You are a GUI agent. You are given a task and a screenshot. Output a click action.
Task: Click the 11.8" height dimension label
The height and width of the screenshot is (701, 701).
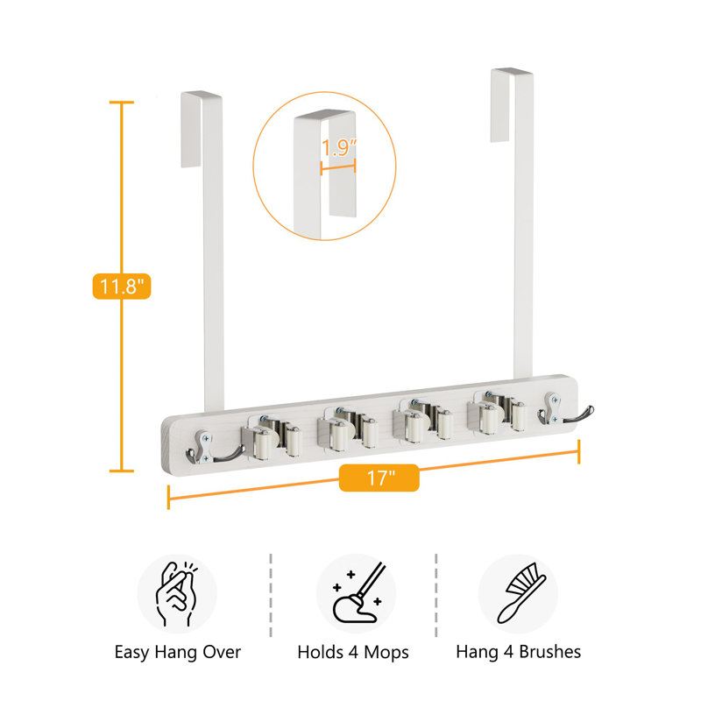click(122, 287)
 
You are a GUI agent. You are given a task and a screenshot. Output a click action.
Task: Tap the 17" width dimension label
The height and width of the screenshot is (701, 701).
click(379, 478)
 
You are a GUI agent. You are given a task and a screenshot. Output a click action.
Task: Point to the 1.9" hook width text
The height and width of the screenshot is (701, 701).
click(339, 148)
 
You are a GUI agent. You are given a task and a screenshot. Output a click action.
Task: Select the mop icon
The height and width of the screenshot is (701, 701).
click(358, 592)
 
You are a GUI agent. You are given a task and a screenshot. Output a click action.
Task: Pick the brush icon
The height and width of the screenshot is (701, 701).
click(521, 593)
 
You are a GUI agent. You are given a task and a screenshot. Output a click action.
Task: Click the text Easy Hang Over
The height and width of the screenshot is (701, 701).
click(178, 652)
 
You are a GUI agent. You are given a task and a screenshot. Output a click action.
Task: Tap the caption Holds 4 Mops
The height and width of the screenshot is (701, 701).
click(353, 652)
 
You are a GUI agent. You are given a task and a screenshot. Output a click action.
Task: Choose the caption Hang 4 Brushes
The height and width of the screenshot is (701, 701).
click(518, 652)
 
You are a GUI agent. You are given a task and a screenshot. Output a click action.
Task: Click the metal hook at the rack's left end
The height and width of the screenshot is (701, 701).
click(210, 449)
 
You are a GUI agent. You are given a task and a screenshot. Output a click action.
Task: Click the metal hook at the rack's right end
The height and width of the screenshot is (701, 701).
click(564, 409)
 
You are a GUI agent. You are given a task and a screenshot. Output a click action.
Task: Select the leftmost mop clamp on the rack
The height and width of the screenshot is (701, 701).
click(271, 436)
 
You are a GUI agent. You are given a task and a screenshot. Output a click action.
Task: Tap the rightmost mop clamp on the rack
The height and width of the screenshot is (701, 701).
click(496, 412)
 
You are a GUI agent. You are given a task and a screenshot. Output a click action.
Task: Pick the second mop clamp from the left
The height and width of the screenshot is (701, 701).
click(347, 428)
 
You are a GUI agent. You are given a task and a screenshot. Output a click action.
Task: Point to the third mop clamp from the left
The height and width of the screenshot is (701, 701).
click(422, 420)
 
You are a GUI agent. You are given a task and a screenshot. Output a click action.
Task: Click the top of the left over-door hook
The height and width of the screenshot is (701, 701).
click(202, 95)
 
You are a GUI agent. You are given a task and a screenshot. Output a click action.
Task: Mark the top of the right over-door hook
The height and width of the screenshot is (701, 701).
click(512, 72)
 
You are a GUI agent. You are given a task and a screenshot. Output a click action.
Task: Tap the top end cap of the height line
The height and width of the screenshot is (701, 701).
click(122, 103)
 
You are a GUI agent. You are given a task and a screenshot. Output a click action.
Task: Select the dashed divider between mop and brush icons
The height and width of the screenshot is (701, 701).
click(435, 595)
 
